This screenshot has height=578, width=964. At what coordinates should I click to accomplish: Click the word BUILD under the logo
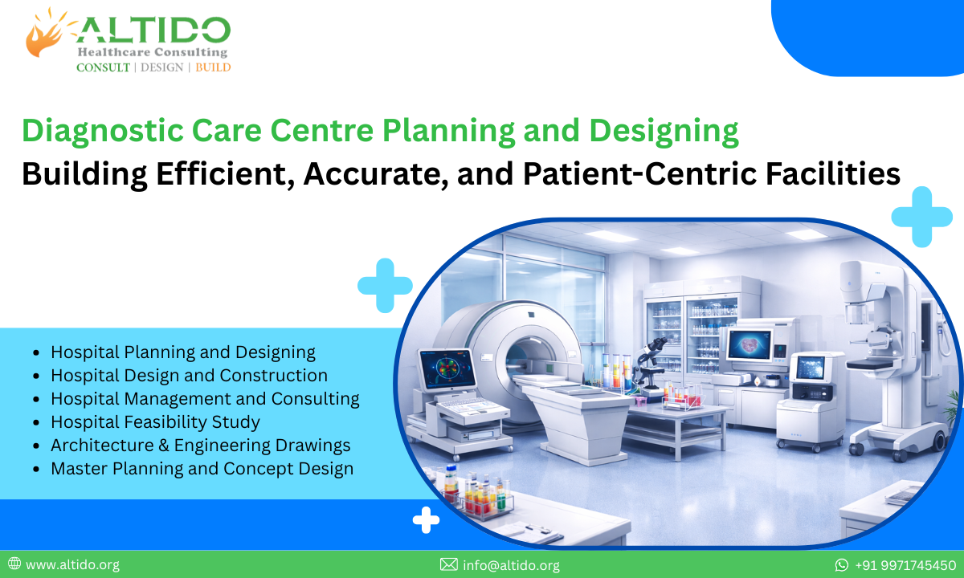point(213,67)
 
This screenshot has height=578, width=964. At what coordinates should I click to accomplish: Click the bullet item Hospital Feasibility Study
point(155,421)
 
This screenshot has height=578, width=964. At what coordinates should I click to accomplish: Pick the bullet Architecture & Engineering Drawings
point(200,445)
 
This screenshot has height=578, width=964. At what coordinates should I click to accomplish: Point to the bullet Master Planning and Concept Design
point(202,468)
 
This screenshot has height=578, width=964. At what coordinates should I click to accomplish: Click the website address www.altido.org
point(72,565)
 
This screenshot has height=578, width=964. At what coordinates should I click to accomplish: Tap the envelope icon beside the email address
point(449,565)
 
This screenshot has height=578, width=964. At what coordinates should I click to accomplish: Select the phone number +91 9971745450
point(905,565)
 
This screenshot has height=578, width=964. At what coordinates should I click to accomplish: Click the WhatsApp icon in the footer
point(842,565)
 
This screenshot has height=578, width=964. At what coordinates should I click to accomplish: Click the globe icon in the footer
point(14,565)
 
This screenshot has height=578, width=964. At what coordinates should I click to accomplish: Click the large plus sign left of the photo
point(385,285)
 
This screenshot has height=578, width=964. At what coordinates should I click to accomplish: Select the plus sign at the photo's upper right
point(921,216)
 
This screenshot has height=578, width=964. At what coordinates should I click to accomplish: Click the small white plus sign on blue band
point(426,522)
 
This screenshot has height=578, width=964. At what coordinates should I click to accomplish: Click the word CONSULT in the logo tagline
point(103,67)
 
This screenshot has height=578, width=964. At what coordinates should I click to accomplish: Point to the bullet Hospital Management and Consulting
point(205,398)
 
